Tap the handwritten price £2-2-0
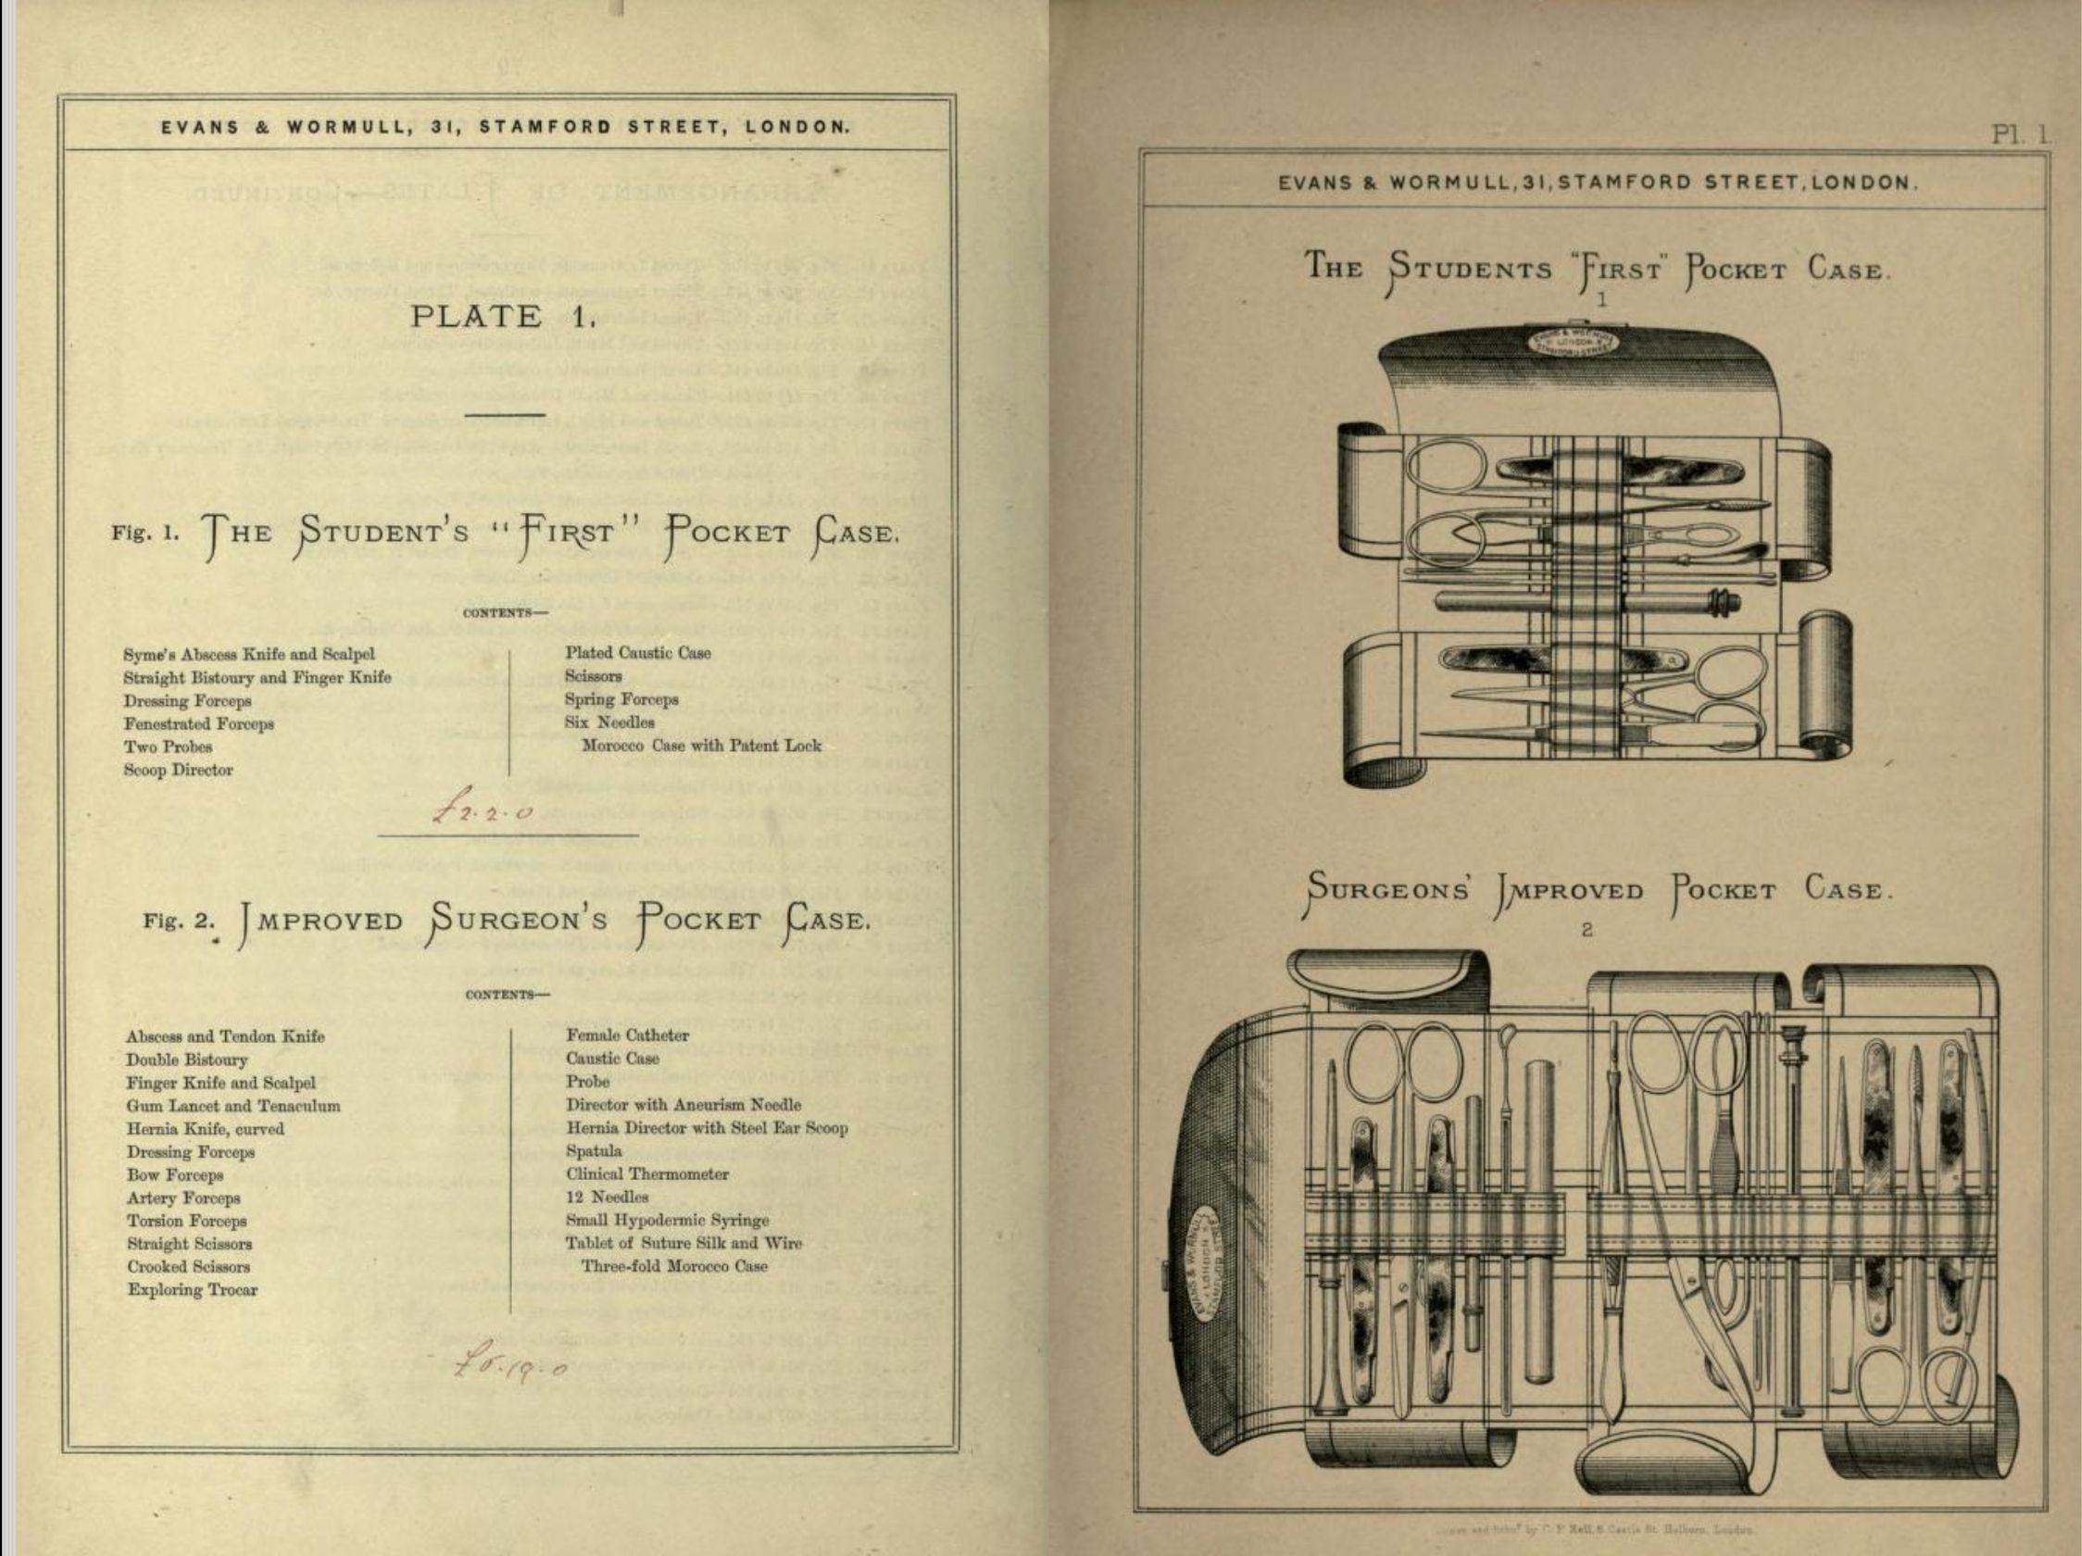coord(483,809)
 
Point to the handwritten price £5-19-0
coord(509,1361)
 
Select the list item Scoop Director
coord(178,770)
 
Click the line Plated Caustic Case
coord(637,652)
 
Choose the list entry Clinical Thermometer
coord(646,1173)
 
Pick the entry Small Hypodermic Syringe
coord(667,1220)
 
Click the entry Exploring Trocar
coord(192,1289)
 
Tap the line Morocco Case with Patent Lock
coord(701,746)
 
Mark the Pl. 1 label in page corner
coord(2018,133)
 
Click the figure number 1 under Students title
coord(1600,300)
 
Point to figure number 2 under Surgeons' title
coord(1587,930)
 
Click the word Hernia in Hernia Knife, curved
coord(150,1129)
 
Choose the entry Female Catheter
coord(627,1035)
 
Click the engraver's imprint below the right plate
coord(1595,1530)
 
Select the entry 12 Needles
coord(606,1198)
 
